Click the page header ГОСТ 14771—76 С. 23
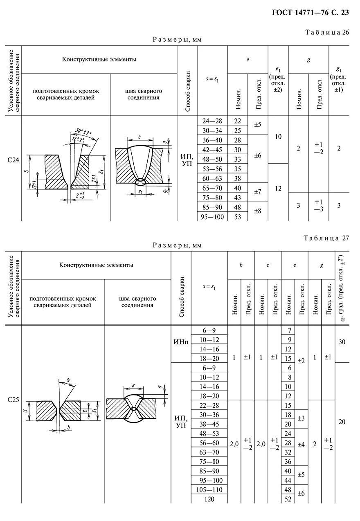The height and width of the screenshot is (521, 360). pos(310,13)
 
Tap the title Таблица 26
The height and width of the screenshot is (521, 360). pos(326,33)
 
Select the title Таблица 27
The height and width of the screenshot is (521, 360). pos(326,238)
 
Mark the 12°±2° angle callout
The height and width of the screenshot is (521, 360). pos(77,139)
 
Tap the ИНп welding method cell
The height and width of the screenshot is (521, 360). pos(180,342)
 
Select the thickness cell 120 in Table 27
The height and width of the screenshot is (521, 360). pos(209,499)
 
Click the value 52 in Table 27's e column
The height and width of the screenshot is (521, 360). pos(288,499)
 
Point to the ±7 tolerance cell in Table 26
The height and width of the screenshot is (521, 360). pos(258,191)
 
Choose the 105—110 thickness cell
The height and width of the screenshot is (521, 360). pos(209,490)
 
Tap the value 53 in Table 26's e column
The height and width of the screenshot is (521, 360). pos(237,217)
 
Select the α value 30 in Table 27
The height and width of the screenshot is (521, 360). pos(342,342)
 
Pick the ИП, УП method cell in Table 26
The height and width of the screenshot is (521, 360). pos(187,160)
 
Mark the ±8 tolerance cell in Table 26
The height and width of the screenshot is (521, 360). pos(258,211)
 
